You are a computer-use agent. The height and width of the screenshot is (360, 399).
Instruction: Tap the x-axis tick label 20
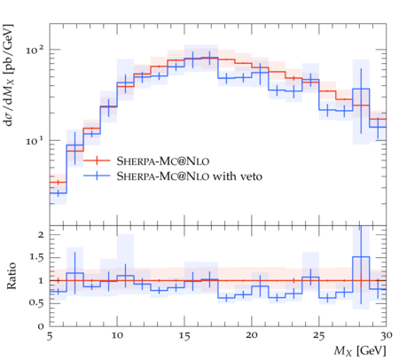coord(251,336)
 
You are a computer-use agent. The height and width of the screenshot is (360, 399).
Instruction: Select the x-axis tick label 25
coord(317,336)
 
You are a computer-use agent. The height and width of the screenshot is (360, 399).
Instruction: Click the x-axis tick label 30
coord(384,336)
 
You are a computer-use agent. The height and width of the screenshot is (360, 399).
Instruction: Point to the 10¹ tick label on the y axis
coord(33,140)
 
